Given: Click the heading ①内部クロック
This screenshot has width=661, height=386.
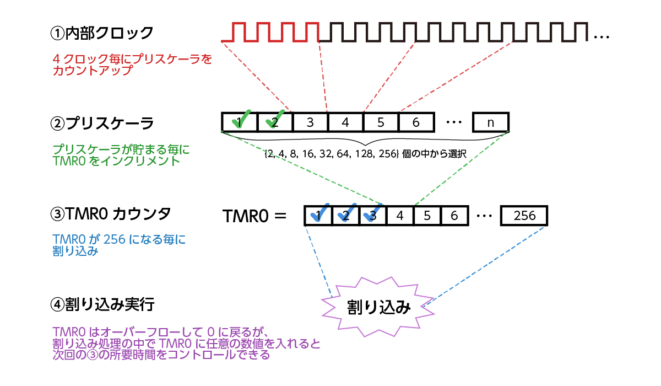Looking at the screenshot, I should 101,34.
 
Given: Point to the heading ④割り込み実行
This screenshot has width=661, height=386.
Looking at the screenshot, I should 102,304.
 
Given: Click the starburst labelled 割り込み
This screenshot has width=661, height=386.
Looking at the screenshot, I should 379,307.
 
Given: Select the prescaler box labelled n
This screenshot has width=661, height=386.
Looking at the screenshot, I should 491,122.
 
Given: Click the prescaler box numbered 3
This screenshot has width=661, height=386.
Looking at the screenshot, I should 310,122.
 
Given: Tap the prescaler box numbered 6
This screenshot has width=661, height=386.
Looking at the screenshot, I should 416,122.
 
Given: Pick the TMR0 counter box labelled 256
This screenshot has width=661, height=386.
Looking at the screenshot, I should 524,216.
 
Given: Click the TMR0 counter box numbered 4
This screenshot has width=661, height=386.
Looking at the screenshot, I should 400,216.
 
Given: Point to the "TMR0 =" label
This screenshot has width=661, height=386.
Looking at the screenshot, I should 254,216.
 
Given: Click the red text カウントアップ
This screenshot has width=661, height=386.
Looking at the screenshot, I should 93,70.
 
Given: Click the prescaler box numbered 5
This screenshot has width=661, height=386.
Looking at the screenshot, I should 381,122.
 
